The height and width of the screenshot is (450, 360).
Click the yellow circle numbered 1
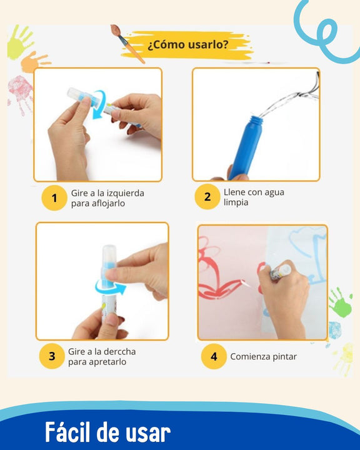click(x=54, y=198)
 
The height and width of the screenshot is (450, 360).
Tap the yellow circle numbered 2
click(x=207, y=198)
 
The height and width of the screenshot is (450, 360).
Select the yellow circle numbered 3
click(x=52, y=357)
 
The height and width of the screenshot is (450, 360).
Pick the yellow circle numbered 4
click(x=214, y=357)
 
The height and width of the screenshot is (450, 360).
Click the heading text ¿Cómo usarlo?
click(x=187, y=45)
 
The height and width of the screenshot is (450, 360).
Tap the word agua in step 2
click(x=272, y=192)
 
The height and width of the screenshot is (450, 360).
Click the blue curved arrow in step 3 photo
click(x=109, y=287)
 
